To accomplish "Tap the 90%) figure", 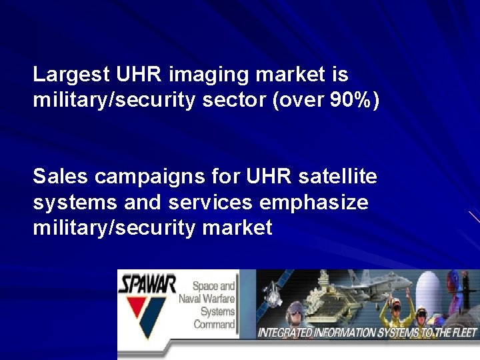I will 354,101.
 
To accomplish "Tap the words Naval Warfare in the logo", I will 207,299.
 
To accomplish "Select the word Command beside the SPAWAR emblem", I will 215,325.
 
